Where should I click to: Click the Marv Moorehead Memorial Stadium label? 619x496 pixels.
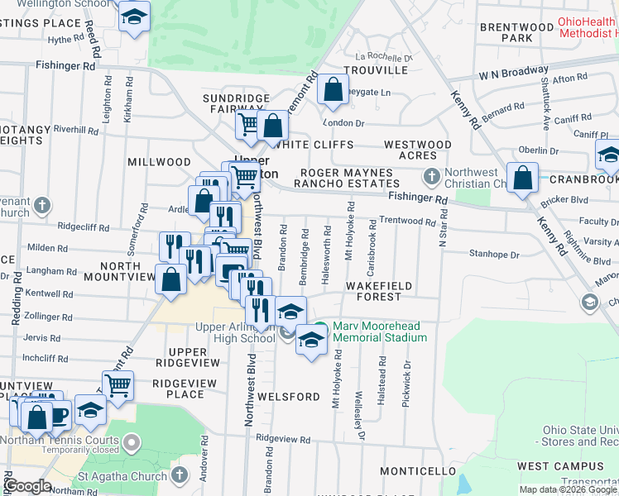coord(380,331)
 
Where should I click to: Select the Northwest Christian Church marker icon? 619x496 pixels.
coord(431,177)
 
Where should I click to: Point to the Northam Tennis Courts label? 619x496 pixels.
coord(73,441)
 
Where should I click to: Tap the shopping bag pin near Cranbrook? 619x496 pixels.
coord(523,178)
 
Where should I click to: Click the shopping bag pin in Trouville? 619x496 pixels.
coord(332,90)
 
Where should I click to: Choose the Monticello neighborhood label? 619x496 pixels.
coord(418,471)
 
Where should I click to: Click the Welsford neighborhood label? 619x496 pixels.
coord(288,397)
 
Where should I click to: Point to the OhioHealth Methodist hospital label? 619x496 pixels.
coord(588,27)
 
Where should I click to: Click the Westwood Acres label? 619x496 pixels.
coord(418,150)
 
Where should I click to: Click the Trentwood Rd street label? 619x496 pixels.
coord(407,222)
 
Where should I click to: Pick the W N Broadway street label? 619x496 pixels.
coord(513,73)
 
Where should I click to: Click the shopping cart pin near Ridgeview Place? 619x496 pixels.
coord(118,384)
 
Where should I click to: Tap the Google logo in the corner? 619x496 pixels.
coord(27,486)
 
